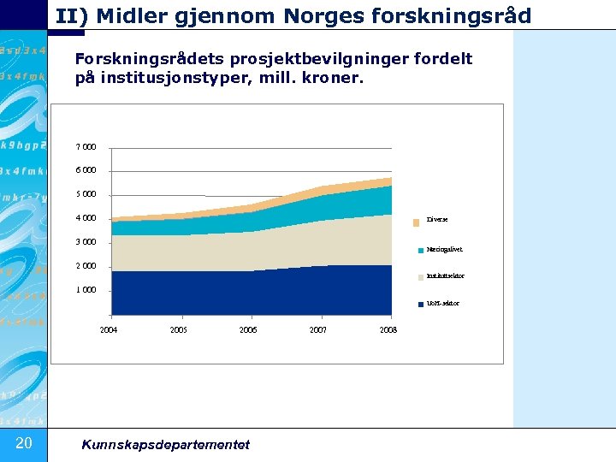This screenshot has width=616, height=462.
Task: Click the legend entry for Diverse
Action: [x=437, y=220]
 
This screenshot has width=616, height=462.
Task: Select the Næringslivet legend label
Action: [x=444, y=250]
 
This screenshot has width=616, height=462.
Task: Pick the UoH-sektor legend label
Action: [x=442, y=304]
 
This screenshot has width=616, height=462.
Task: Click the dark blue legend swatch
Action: [x=421, y=305]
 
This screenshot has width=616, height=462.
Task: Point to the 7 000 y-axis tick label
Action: [x=86, y=147]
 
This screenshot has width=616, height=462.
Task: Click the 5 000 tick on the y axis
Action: [x=86, y=194]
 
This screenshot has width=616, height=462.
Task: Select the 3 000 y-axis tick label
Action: [x=86, y=242]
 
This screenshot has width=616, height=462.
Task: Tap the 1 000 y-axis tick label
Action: [x=86, y=290]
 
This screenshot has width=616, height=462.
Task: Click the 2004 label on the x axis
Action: [x=109, y=330]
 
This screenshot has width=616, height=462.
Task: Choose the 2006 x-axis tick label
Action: [x=248, y=330]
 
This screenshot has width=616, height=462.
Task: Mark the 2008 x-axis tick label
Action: [x=388, y=330]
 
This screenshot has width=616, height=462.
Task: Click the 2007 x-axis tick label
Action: [x=317, y=330]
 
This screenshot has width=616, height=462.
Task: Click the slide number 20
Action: [x=23, y=442]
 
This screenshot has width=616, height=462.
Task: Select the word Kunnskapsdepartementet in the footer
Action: [x=165, y=444]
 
